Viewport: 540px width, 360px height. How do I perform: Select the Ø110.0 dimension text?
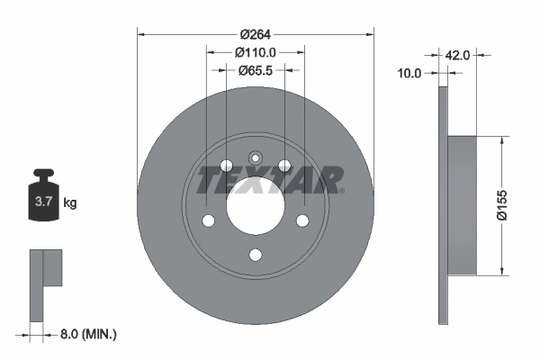[255, 52]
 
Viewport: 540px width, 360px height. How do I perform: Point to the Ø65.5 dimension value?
[255, 69]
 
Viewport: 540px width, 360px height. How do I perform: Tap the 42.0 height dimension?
[457, 55]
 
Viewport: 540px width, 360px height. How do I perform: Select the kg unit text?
[70, 203]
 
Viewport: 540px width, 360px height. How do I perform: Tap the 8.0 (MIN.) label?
[86, 334]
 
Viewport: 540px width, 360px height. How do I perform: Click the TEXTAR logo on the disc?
[270, 180]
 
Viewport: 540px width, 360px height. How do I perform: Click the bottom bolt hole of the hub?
[255, 256]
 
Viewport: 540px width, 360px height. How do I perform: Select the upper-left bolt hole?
[225, 166]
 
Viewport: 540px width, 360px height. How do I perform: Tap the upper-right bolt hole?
[284, 166]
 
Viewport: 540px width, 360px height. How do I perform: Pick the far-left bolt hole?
[207, 221]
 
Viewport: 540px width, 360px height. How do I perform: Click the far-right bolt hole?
[302, 221]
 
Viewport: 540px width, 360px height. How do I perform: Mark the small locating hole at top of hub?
[255, 156]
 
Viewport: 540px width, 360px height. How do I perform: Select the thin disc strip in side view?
[443, 205]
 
